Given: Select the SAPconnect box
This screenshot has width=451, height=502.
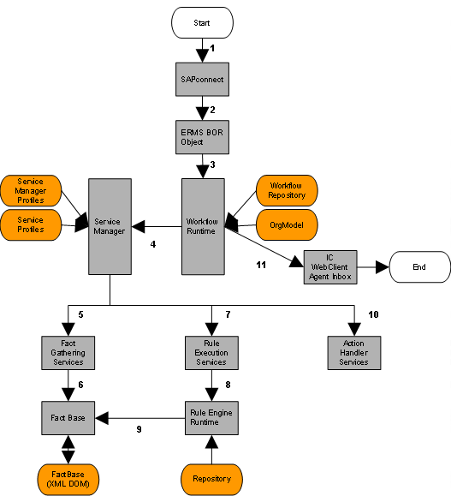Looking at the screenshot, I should [x=202, y=81].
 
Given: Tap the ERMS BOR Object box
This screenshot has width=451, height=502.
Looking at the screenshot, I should [x=202, y=136].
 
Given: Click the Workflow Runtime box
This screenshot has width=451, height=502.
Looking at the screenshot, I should [x=203, y=226].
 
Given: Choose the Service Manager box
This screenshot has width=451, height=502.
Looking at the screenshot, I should [x=110, y=226].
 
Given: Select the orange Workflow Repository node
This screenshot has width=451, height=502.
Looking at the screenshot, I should [x=287, y=190].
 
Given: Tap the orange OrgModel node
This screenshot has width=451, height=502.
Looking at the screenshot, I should [x=287, y=225].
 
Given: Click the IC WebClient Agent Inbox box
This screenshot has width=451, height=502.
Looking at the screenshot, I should [x=329, y=267].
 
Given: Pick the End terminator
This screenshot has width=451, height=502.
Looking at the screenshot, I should [x=419, y=267].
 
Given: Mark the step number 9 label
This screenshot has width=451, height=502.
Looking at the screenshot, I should [x=139, y=428].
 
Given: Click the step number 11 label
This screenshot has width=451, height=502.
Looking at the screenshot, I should [x=261, y=265].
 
